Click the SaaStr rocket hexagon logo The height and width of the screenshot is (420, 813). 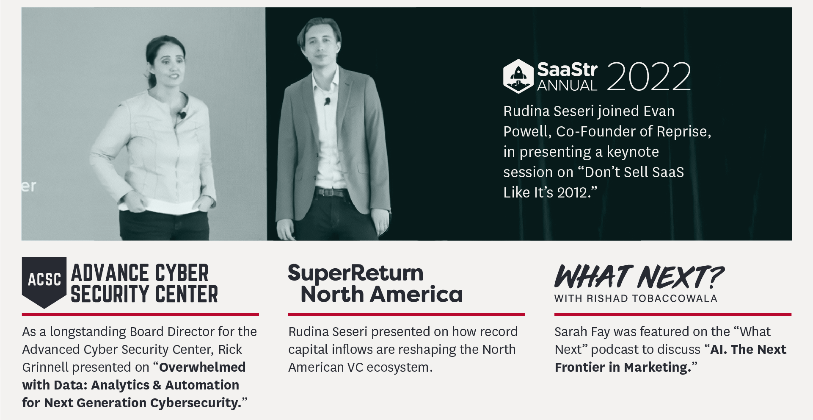pyautogui.click(x=518, y=76)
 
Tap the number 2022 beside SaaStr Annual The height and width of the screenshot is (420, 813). pyautogui.click(x=649, y=77)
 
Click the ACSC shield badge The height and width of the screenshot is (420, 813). pyautogui.click(x=44, y=282)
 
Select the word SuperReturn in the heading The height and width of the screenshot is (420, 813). pyautogui.click(x=356, y=273)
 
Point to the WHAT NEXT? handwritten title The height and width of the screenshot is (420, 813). pyautogui.click(x=639, y=277)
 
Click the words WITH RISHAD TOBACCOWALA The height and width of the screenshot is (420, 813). pyautogui.click(x=636, y=298)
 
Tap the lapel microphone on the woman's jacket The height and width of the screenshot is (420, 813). pyautogui.click(x=182, y=114)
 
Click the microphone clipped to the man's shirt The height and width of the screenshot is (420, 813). pyautogui.click(x=327, y=101)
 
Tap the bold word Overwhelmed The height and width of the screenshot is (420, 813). pyautogui.click(x=202, y=367)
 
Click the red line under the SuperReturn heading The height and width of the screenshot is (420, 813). pyautogui.click(x=406, y=314)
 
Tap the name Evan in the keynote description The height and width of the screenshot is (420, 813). pyautogui.click(x=659, y=111)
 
